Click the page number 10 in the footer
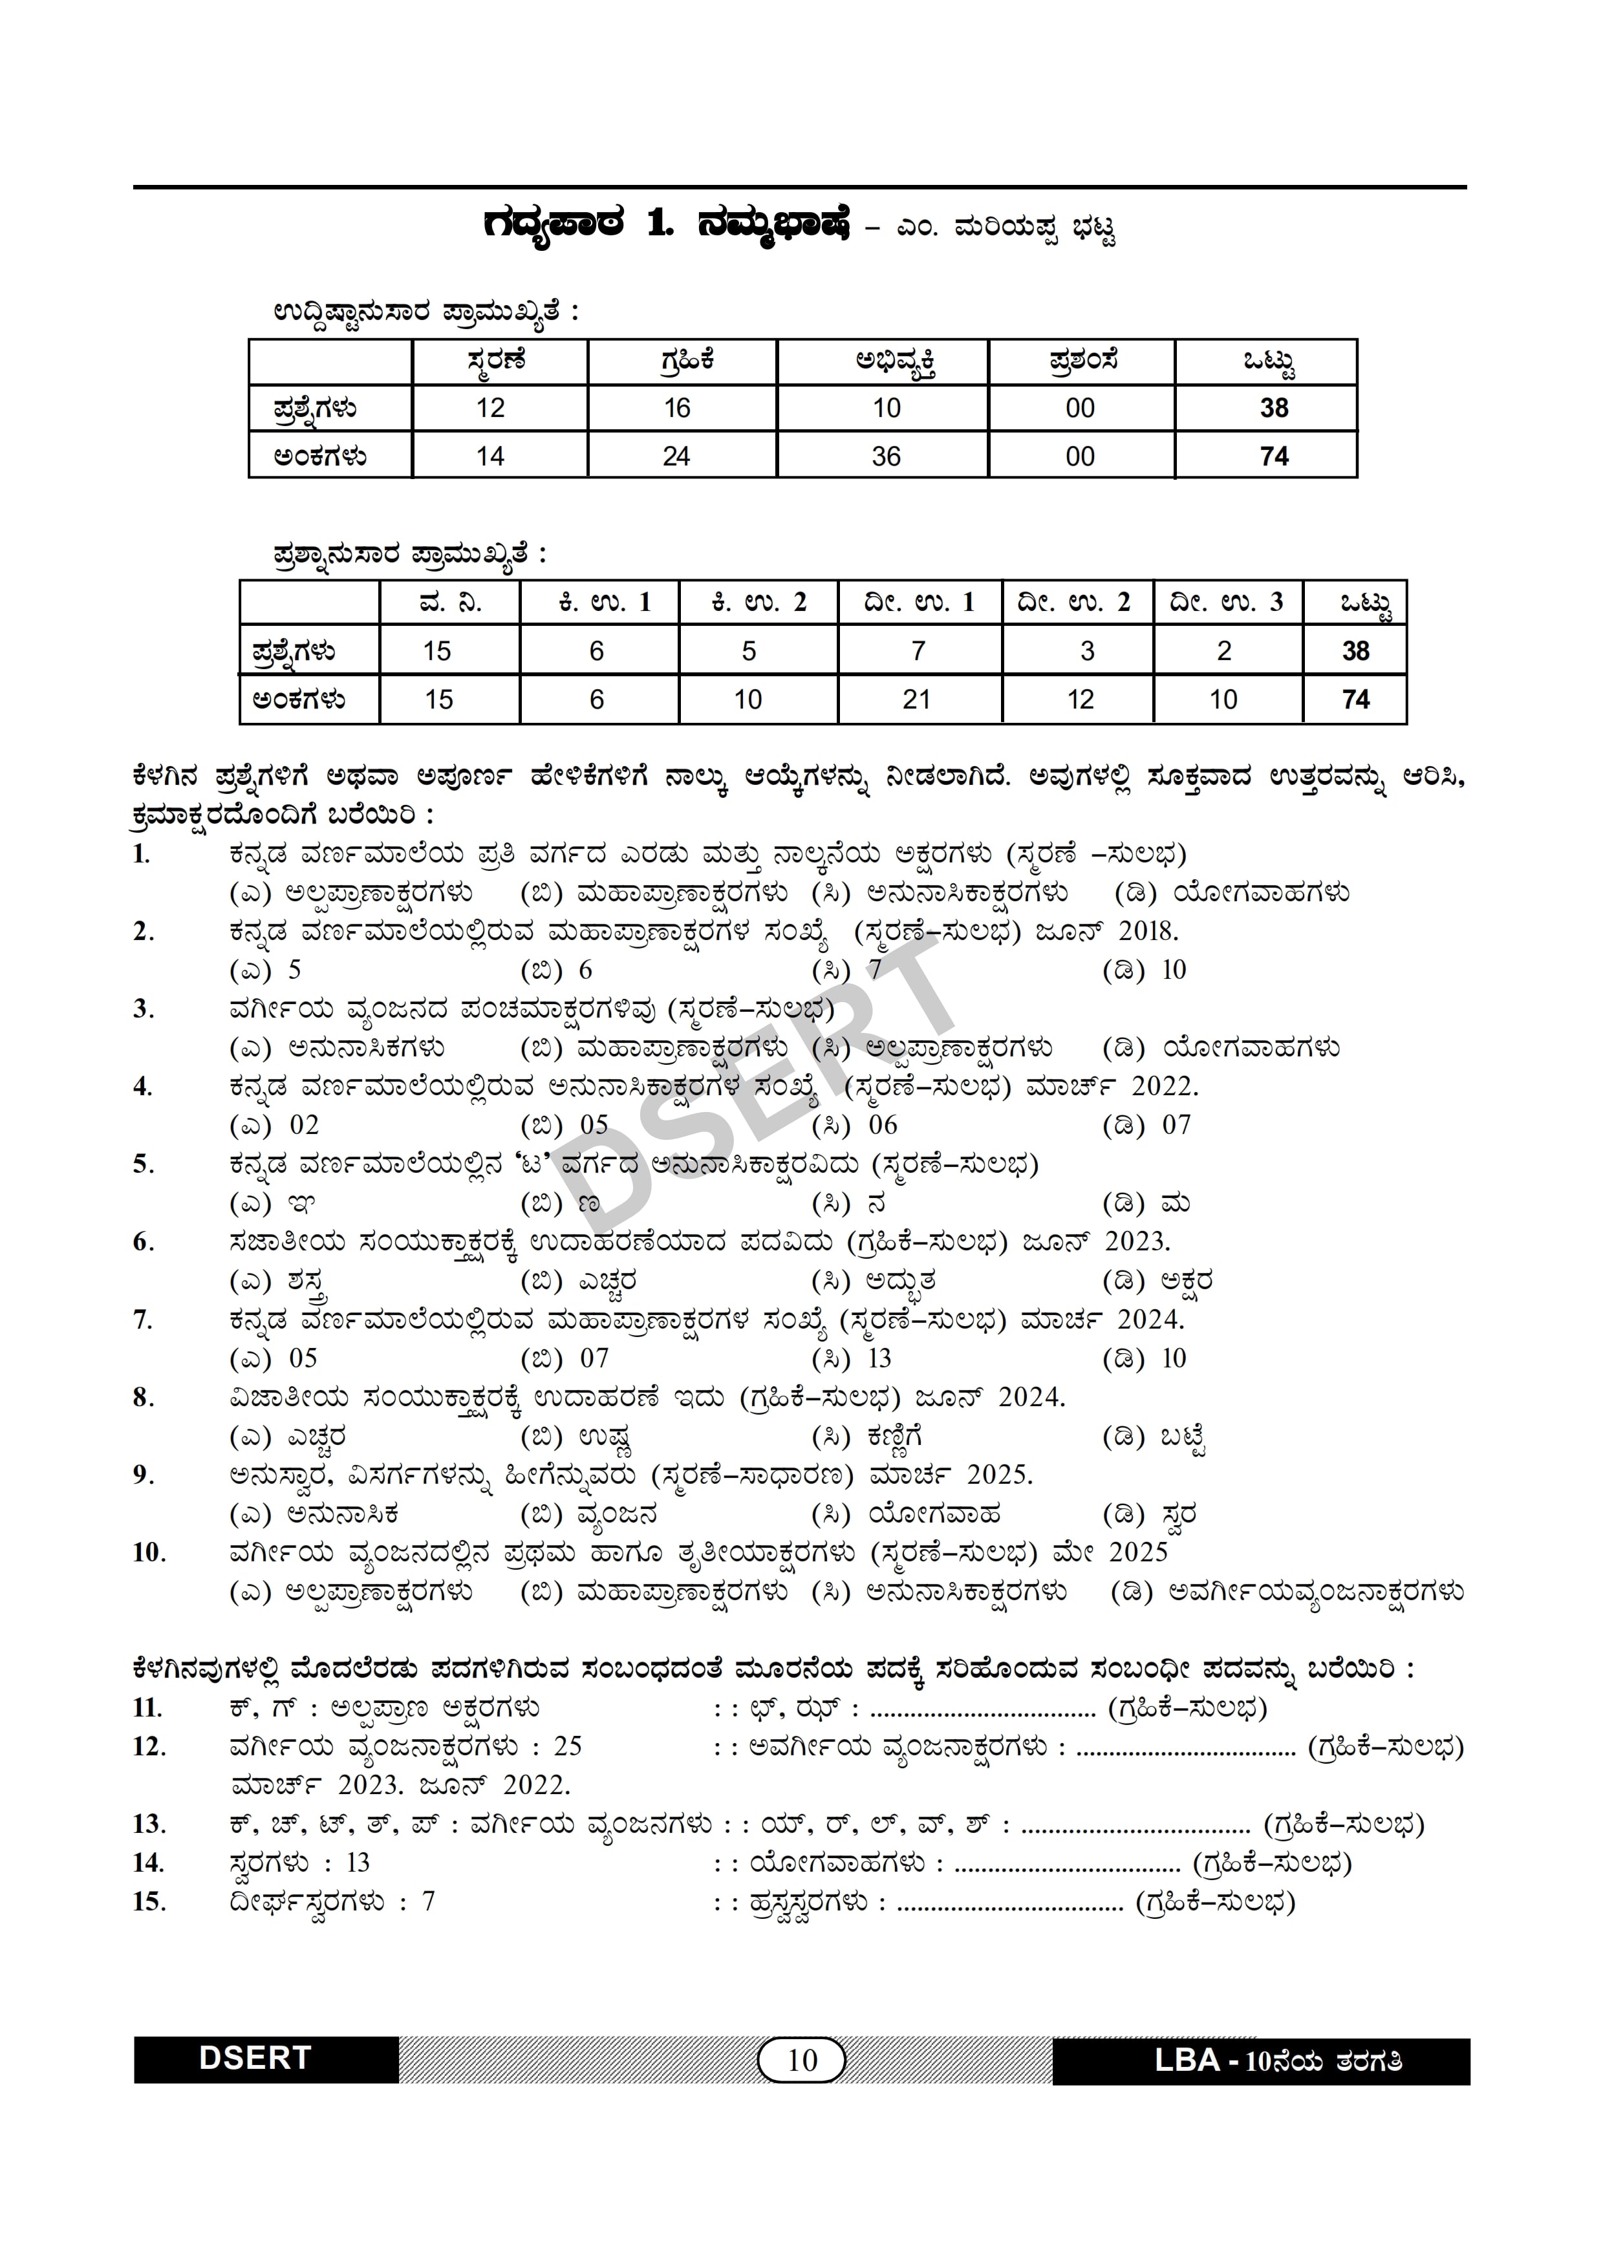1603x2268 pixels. pyautogui.click(x=802, y=2060)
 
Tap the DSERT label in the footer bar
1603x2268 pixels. pyautogui.click(x=255, y=2059)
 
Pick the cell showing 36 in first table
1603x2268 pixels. pyautogui.click(x=886, y=456)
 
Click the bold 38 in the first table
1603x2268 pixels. pyautogui.click(x=1273, y=408)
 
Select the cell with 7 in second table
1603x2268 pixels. pyautogui.click(x=918, y=651)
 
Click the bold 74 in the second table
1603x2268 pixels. pyautogui.click(x=1355, y=700)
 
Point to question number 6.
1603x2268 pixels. pyautogui.click(x=142, y=1242)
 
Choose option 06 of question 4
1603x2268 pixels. pyautogui.click(x=883, y=1125)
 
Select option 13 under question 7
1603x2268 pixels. pyautogui.click(x=879, y=1358)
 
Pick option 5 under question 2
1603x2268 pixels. pyautogui.click(x=294, y=970)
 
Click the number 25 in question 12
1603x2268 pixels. pyautogui.click(x=568, y=1746)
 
